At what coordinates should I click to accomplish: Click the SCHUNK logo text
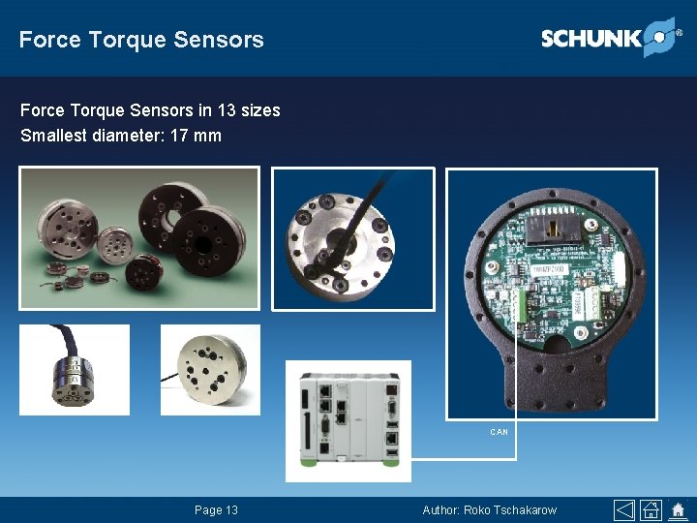click(x=591, y=39)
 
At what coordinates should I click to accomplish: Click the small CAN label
click(x=499, y=432)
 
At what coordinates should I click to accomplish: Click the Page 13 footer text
click(x=216, y=510)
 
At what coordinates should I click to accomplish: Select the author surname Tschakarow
click(x=525, y=510)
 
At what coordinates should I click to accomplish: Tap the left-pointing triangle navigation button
click(x=624, y=509)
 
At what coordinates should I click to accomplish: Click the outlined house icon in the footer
click(x=651, y=509)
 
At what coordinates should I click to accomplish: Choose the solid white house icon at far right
click(x=678, y=509)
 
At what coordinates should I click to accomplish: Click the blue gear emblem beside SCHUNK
click(x=659, y=36)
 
